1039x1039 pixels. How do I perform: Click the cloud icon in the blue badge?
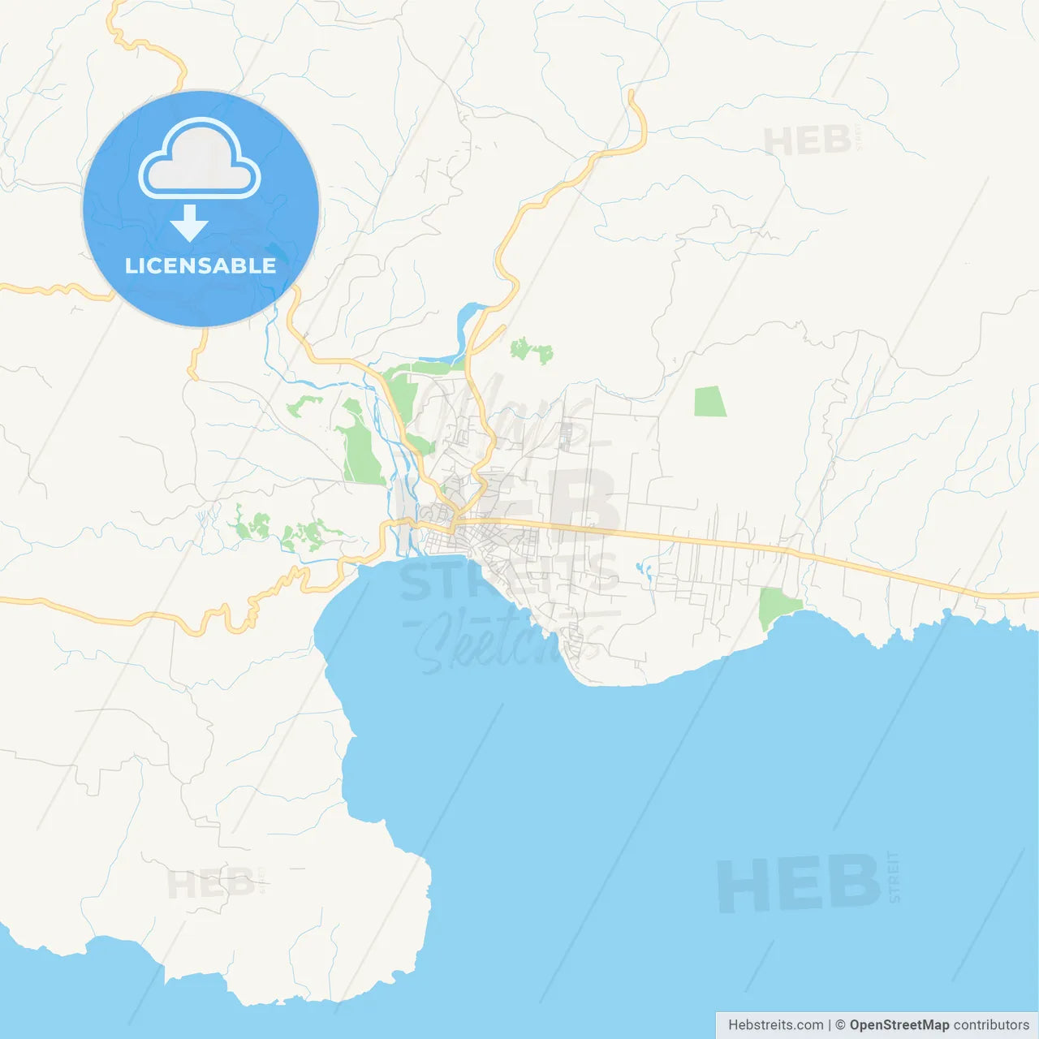(200, 159)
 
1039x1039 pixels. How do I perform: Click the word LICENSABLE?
(200, 265)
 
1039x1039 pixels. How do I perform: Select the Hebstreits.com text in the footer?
(775, 1024)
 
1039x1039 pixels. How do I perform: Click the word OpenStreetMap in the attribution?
(899, 1024)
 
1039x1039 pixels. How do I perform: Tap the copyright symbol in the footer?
(840, 1024)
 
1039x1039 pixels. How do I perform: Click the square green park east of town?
(710, 402)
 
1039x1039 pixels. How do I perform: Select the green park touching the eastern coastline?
(777, 606)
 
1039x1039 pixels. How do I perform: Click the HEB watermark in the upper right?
(807, 141)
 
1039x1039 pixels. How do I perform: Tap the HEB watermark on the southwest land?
(210, 883)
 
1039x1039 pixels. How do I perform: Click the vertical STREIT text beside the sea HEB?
(894, 877)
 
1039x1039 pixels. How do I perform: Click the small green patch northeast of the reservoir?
(532, 351)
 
